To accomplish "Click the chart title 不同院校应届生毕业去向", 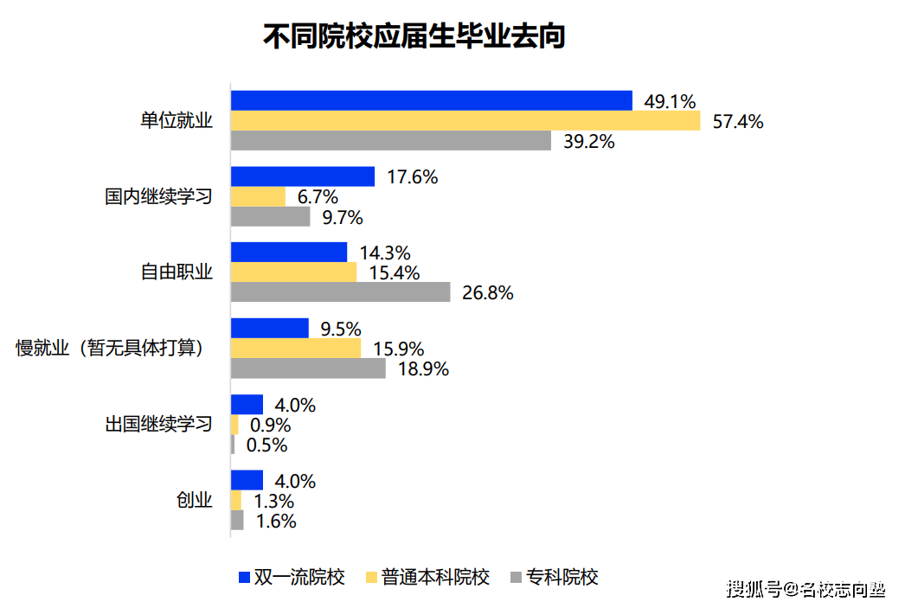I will tap(414, 37).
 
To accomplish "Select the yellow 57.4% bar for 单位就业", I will tap(465, 121).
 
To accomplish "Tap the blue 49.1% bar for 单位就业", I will tap(432, 101).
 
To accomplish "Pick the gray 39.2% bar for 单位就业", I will tap(391, 141).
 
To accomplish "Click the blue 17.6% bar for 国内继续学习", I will tap(303, 176).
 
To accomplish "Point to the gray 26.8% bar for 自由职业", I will tap(341, 292).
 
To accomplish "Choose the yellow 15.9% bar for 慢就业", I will tap(296, 349).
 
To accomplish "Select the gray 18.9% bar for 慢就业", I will tap(308, 368).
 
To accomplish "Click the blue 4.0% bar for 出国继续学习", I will tap(247, 405).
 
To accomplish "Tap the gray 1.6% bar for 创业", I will tap(237, 521).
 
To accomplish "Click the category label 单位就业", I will tap(177, 121).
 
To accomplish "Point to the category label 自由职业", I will tap(177, 272).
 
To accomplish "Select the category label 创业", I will tap(194, 501).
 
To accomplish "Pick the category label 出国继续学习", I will tap(158, 425).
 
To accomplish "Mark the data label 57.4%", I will tap(738, 122).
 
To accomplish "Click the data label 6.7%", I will tap(318, 197).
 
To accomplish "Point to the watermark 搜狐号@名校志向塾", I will tap(806, 590).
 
